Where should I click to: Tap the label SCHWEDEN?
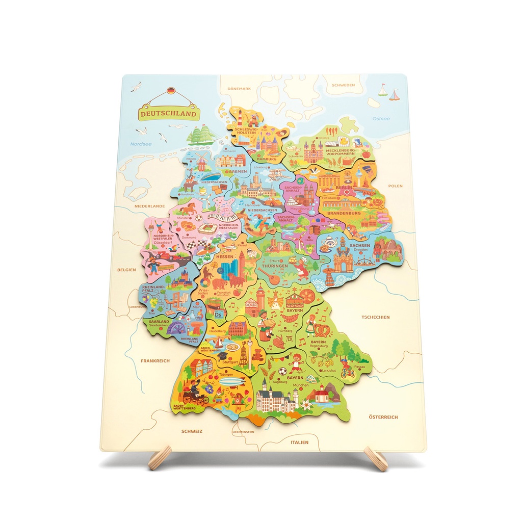(x=343, y=85)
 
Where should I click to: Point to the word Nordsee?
(x=141, y=144)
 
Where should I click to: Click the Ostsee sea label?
(x=381, y=119)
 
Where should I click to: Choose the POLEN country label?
(x=395, y=186)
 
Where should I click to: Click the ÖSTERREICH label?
(x=383, y=417)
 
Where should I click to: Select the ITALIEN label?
(x=300, y=442)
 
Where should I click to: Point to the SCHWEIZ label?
(x=192, y=431)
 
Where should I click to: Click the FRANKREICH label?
(x=155, y=361)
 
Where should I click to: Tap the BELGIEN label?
(x=126, y=270)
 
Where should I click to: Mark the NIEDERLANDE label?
(x=150, y=206)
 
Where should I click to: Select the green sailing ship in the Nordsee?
(x=201, y=135)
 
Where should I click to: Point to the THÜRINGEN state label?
(x=275, y=266)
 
